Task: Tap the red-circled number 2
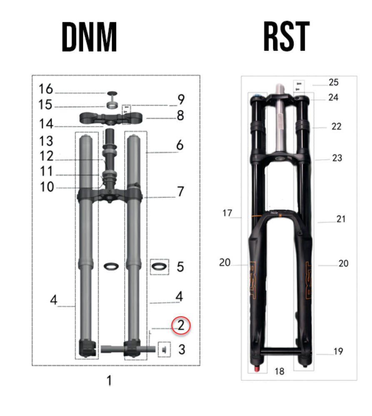coord(181,325)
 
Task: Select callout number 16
coord(46,89)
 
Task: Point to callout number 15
coord(46,105)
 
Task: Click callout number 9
coord(180,100)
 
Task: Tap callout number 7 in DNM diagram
coord(180,192)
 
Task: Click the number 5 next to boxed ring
coord(180,266)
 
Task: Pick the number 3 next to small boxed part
coord(181,349)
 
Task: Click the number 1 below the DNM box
coord(109,380)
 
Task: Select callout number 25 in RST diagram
coord(333,82)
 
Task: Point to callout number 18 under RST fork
coord(279,371)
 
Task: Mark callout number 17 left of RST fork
coord(227,213)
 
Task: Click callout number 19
coord(338,351)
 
